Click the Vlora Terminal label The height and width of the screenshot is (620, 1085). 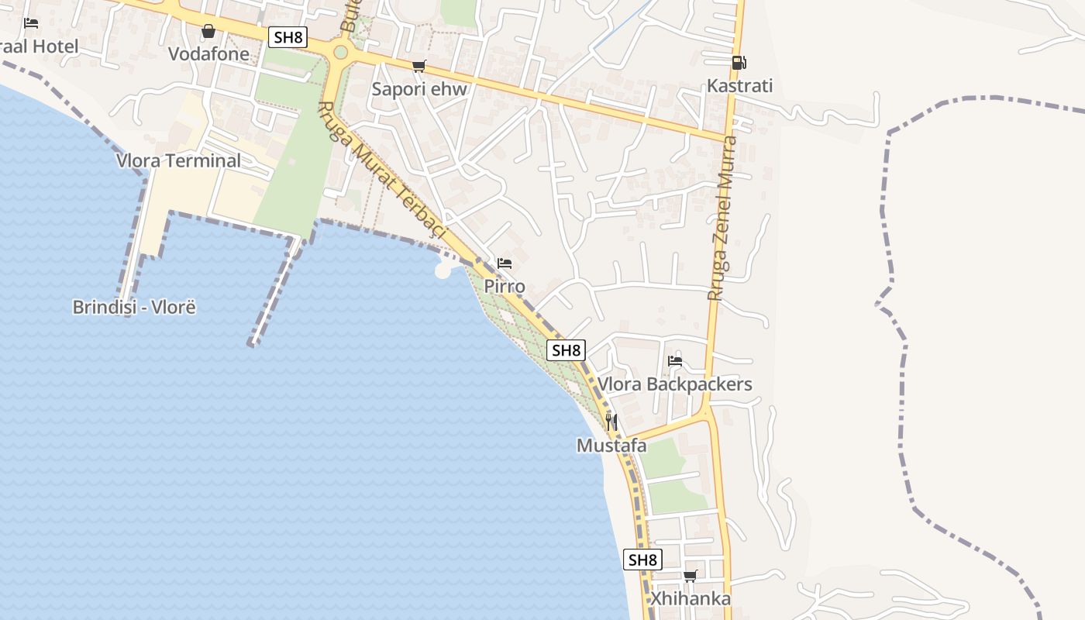[178, 161]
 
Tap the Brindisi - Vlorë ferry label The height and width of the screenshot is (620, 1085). [134, 307]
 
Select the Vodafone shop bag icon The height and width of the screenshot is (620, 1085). [208, 32]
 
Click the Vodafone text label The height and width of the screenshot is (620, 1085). [209, 54]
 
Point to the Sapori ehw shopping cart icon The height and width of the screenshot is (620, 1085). [419, 67]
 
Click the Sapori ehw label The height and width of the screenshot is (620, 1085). [419, 89]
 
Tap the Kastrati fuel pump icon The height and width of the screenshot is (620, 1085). [739, 63]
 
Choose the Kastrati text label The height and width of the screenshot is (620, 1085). [739, 86]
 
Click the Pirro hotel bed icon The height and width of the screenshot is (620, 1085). [505, 263]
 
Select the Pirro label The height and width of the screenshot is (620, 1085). [505, 287]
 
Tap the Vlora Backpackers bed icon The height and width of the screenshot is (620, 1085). [674, 361]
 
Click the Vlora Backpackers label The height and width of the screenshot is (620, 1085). [674, 384]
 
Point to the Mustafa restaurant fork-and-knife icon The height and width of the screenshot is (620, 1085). [611, 422]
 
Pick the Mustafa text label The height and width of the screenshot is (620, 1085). [611, 446]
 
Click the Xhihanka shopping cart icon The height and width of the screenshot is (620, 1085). [690, 576]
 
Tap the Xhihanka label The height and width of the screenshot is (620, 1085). [690, 599]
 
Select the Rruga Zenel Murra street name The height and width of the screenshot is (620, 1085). [721, 218]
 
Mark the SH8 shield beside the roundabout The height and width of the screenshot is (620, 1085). [288, 37]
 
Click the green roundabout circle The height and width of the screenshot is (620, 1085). [340, 52]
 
